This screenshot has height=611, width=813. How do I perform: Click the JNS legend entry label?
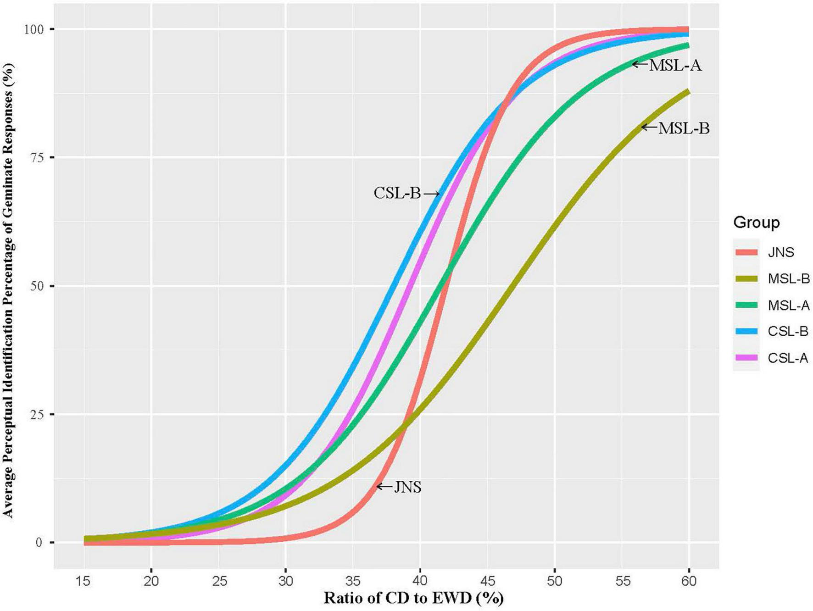click(780, 252)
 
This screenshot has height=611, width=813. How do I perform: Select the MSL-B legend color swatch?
click(746, 278)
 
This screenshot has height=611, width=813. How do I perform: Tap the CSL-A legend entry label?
click(788, 358)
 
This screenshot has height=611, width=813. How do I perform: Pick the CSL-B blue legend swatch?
click(746, 331)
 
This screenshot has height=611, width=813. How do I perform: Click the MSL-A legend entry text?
click(788, 305)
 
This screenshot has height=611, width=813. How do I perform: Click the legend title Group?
click(756, 223)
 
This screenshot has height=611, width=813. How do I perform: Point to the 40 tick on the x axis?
click(420, 582)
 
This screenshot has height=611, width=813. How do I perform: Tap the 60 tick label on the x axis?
click(688, 582)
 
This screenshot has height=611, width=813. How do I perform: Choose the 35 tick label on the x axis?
click(352, 582)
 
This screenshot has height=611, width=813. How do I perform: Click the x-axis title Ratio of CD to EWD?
click(413, 599)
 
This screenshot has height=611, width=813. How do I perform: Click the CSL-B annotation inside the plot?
click(397, 193)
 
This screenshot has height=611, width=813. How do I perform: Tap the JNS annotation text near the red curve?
click(407, 487)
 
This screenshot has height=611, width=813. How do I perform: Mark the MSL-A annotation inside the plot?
click(675, 66)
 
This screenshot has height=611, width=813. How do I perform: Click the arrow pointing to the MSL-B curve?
click(649, 127)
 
